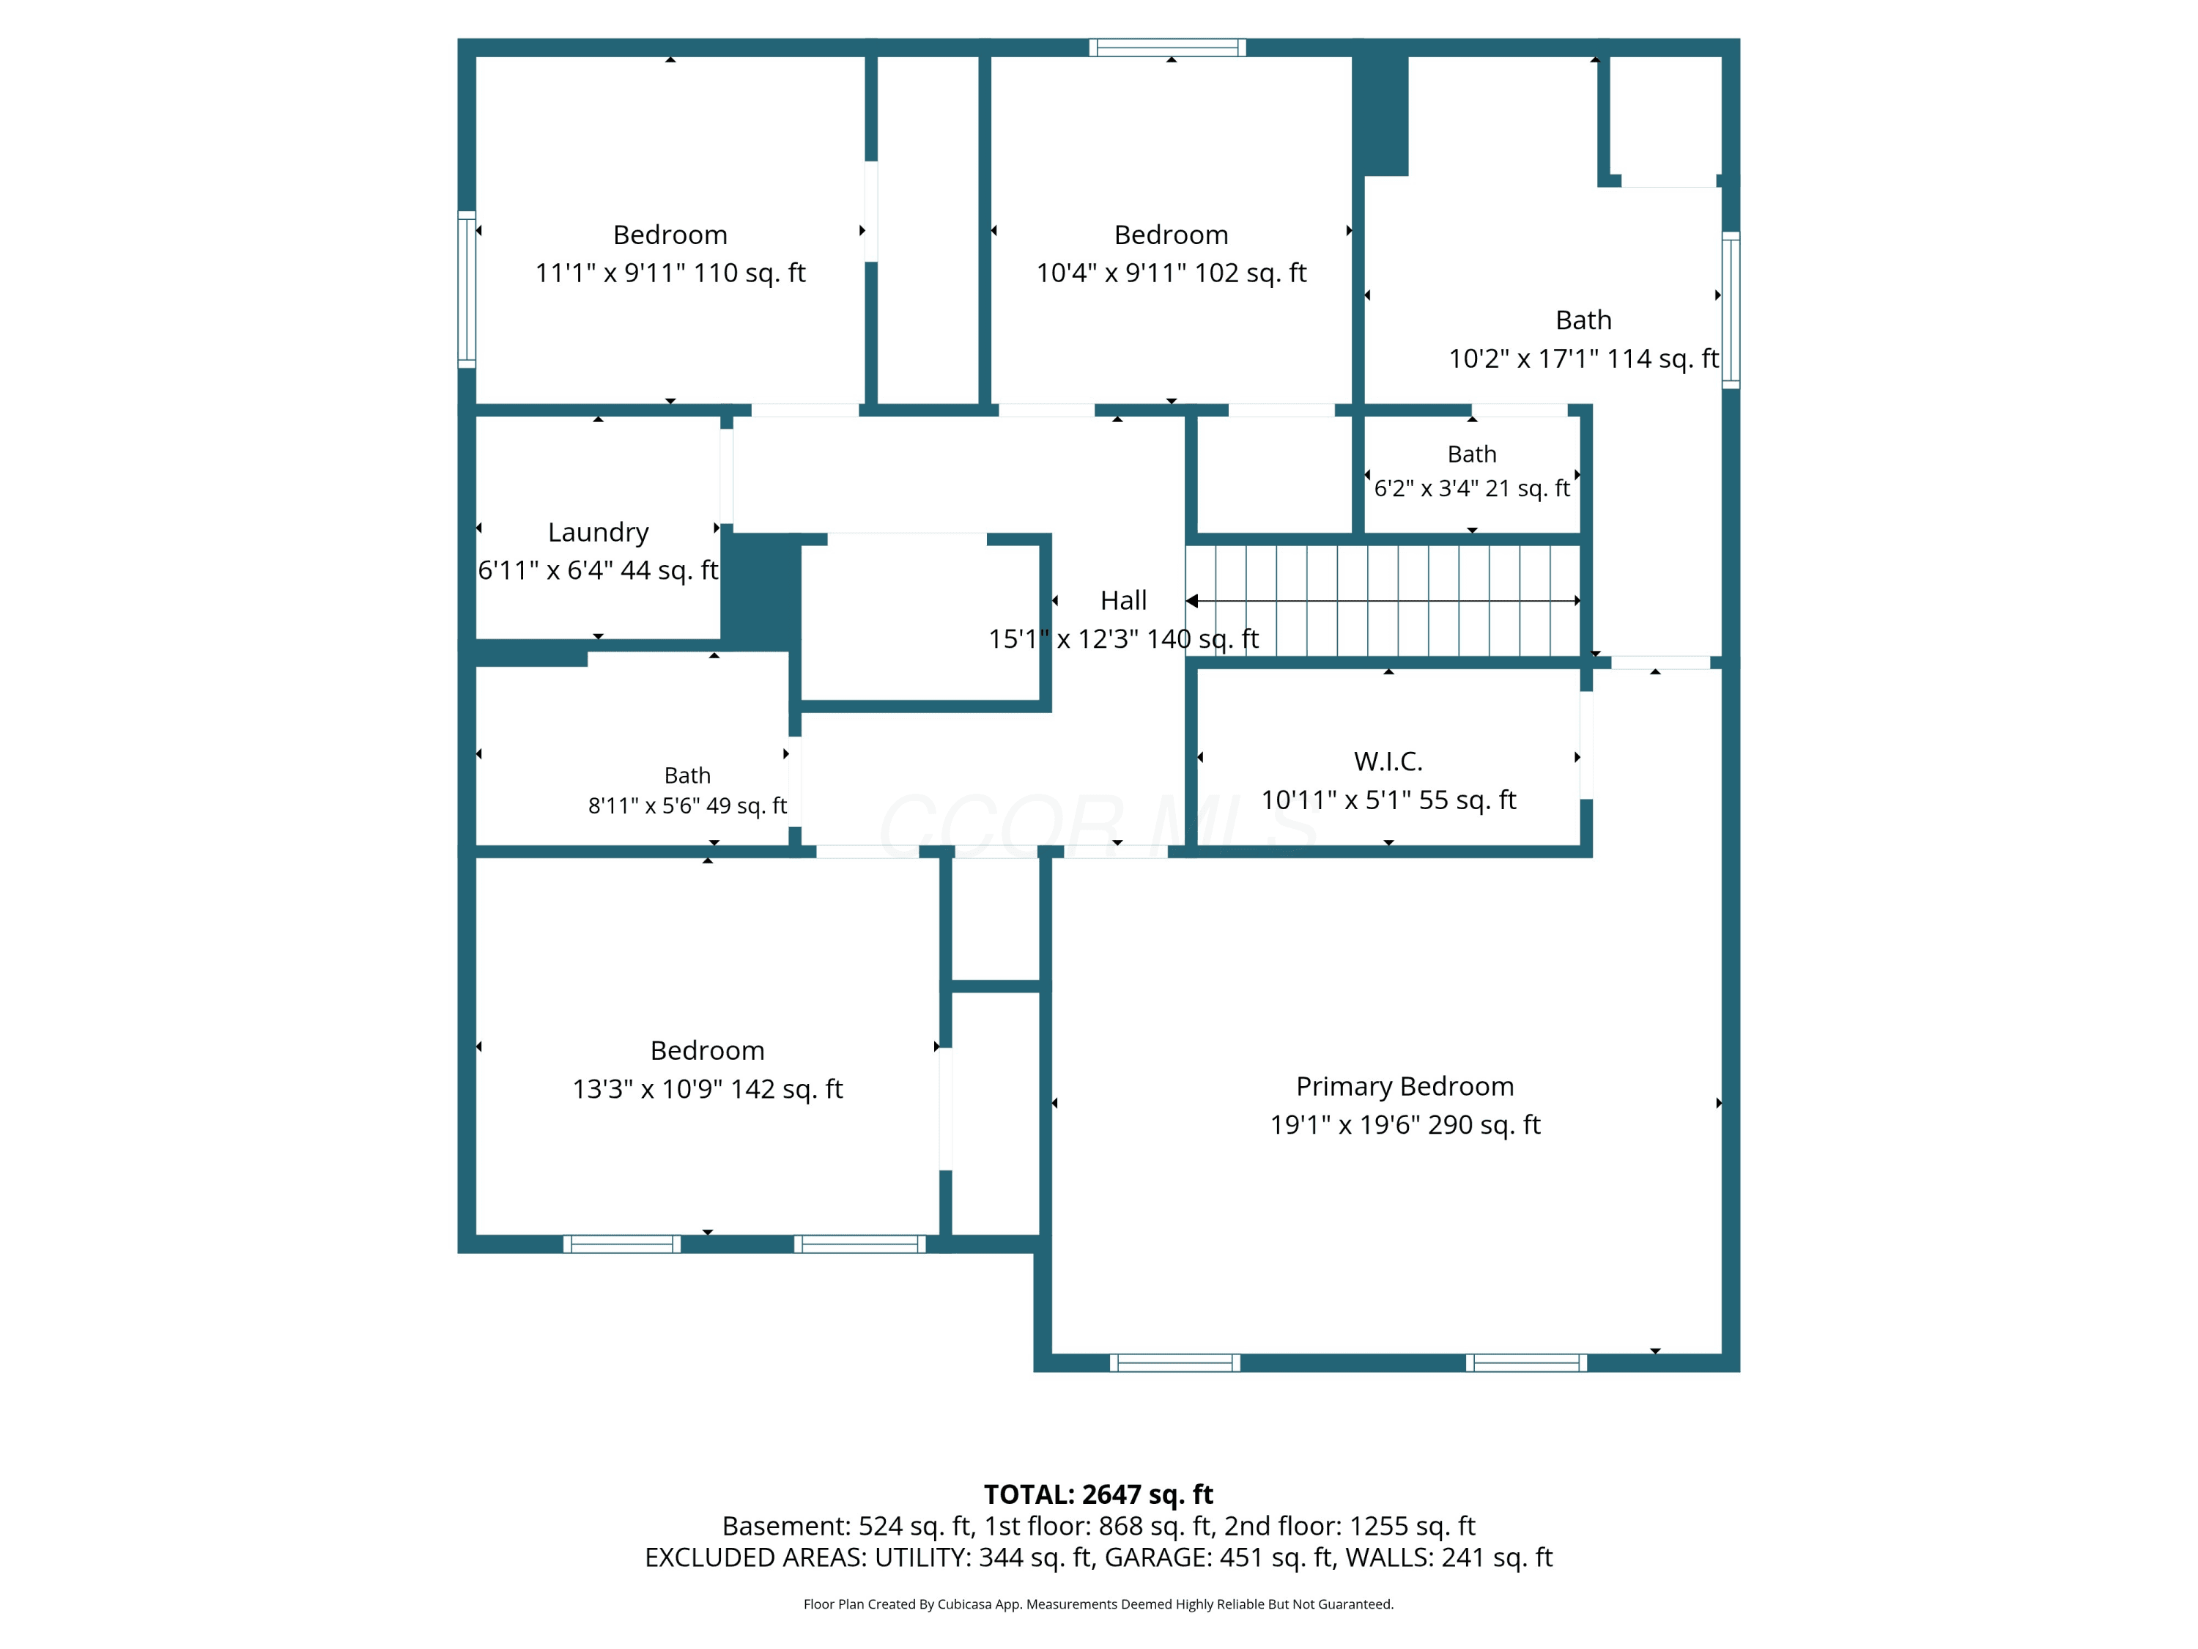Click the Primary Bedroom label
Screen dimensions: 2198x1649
(x=1405, y=1086)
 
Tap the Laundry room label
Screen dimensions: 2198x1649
(x=598, y=533)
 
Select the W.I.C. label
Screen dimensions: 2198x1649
(x=1388, y=761)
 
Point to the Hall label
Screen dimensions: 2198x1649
(x=1124, y=600)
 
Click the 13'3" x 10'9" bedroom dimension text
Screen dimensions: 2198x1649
(x=708, y=1089)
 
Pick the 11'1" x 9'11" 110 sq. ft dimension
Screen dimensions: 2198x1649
(x=670, y=273)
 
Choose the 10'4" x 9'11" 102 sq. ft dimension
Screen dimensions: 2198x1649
(x=1172, y=273)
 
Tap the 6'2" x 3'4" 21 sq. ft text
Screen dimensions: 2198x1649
(x=1472, y=488)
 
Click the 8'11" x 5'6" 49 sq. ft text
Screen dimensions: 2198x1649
(x=688, y=805)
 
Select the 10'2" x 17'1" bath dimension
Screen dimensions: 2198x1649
(x=1584, y=359)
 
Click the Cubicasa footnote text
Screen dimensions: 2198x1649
(x=1098, y=1604)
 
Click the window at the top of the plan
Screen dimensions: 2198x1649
(x=1168, y=47)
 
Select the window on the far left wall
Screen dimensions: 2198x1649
(x=466, y=289)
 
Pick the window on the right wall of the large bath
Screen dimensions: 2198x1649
(x=1731, y=310)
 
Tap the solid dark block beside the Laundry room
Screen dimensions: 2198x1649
(x=761, y=592)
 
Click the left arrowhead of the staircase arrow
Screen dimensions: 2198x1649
(x=1191, y=600)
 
